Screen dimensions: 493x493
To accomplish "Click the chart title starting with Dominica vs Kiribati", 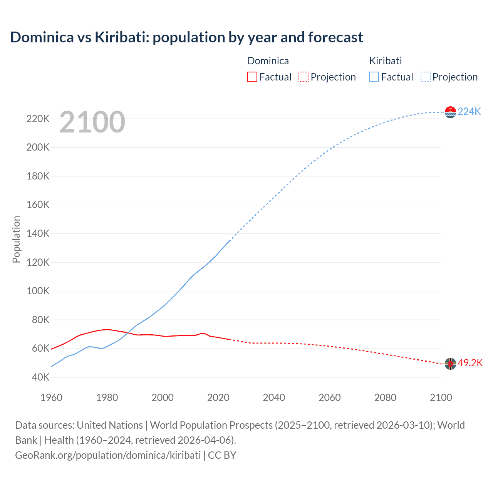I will pos(186,37).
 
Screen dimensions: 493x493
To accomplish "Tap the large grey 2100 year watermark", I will pos(92,122).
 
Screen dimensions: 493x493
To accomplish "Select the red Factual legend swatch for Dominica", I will pos(252,77).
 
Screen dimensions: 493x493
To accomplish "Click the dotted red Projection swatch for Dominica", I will pos(304,77).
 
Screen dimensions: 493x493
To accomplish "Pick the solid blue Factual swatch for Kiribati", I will pos(374,77).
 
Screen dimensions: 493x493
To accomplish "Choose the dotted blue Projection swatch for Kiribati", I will pos(425,77).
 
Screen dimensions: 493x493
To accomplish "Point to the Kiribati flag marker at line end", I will pos(450,112).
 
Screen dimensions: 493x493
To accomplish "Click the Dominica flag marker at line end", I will pos(450,364).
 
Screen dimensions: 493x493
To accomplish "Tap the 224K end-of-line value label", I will pos(469,111).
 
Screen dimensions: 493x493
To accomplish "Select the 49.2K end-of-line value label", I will pos(470,363).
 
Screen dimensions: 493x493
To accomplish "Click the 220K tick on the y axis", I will pos(38,119).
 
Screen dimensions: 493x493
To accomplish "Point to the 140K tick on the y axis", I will pos(38,233).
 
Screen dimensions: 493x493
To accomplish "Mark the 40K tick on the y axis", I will pos(40,377).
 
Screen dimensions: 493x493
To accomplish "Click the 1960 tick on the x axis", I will pos(51,397).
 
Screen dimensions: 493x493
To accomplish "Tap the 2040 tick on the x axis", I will pos(274,397).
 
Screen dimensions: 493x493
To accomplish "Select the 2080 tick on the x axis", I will pos(385,397).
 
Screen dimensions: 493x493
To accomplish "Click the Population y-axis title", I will pos(16,239).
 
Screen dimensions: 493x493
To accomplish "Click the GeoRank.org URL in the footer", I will pos(108,455).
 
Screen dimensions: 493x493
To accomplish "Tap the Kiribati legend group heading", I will pos(385,61).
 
